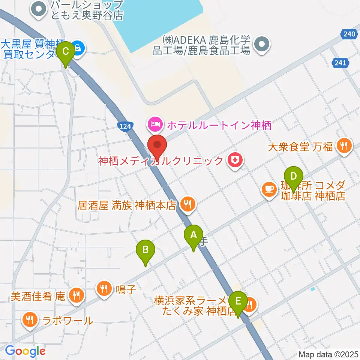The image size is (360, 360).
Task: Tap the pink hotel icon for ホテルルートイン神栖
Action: [x=155, y=124]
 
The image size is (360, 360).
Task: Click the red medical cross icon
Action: [x=235, y=161]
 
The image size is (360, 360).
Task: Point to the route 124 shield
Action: [x=126, y=126]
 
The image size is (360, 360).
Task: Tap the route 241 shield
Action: [x=340, y=63]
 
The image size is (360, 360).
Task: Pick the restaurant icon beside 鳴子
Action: [x=104, y=288]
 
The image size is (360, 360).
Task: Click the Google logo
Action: [x=25, y=351]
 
